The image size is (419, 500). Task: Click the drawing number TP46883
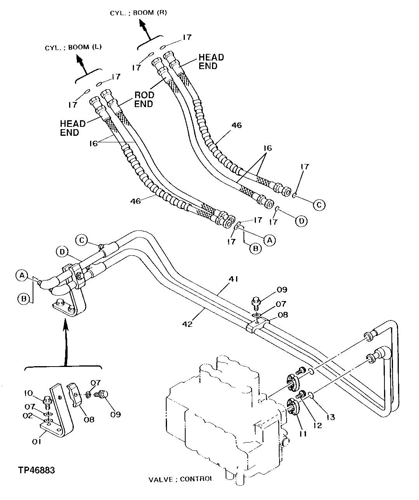[36, 470]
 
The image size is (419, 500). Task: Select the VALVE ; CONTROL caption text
[181, 479]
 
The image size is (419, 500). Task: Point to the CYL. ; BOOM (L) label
[73, 48]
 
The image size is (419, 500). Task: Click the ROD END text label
[144, 99]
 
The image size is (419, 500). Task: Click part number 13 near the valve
[330, 417]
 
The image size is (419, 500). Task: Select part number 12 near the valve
[317, 425]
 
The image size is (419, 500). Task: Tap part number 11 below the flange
[303, 434]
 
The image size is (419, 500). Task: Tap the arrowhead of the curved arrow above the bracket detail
[65, 323]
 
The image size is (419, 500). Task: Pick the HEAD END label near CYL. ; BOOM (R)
[211, 62]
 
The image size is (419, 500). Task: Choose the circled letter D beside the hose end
[301, 221]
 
